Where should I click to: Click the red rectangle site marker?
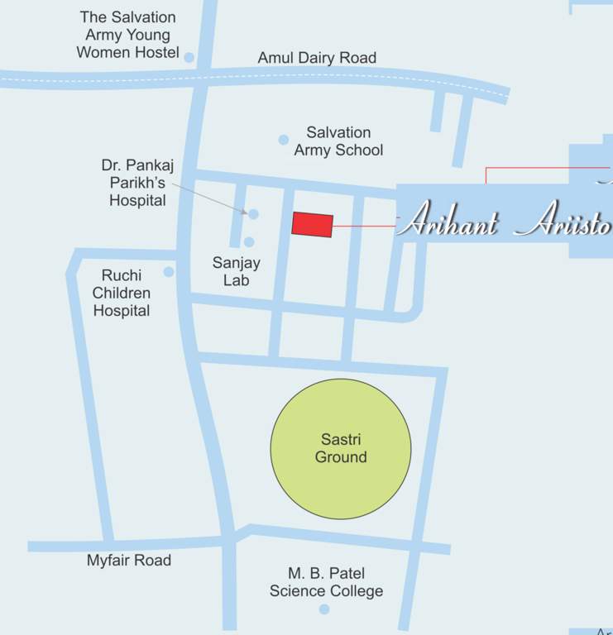[313, 225]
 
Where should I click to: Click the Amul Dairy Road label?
[317, 58]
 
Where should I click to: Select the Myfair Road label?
[129, 561]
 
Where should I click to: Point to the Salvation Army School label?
[338, 141]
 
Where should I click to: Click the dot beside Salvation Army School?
[284, 140]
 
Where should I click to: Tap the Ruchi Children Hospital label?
[122, 294]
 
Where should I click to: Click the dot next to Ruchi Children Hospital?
[169, 272]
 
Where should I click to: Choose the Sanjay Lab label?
[236, 272]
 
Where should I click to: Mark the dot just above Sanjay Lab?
[249, 242]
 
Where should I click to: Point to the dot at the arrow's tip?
[253, 214]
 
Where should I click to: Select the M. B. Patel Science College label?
[326, 582]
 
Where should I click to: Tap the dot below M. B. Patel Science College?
[324, 609]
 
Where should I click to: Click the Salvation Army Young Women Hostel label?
[127, 35]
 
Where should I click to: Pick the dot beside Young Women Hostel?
[189, 58]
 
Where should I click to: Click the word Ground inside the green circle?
[341, 456]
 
